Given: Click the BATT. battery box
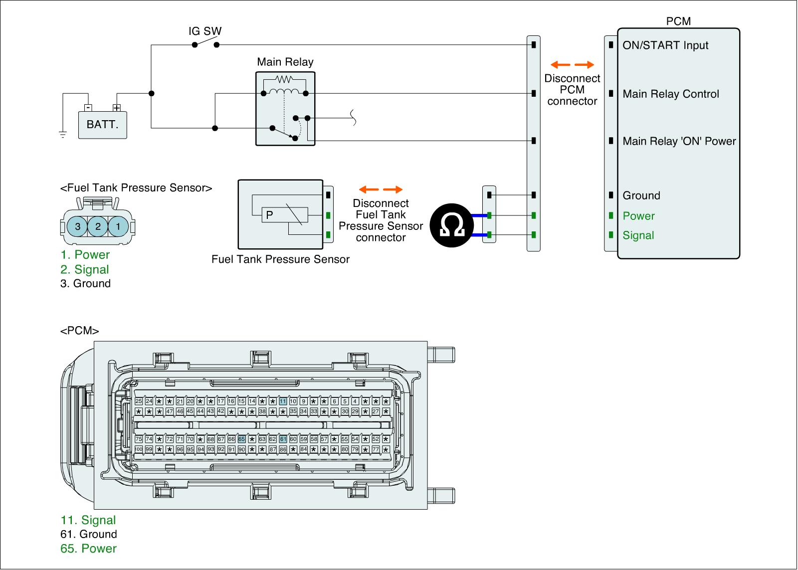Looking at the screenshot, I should (102, 124).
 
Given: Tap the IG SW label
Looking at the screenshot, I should (204, 31).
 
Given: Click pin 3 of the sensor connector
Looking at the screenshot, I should (78, 226).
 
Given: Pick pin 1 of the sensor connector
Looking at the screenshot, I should (118, 226).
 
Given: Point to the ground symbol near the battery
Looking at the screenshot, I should (63, 134).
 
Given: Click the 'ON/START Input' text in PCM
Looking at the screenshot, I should (665, 45).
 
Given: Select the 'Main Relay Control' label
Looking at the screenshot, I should (671, 94).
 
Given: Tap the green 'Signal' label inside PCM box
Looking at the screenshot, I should (638, 235).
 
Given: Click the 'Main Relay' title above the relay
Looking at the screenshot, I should (285, 62).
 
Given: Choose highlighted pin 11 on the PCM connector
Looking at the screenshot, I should (283, 401).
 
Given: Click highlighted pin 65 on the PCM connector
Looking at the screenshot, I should (241, 439).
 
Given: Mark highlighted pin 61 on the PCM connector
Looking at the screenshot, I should (283, 439).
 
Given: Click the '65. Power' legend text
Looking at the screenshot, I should (88, 549).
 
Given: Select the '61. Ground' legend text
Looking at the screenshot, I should (88, 534).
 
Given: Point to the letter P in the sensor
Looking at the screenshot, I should (269, 215).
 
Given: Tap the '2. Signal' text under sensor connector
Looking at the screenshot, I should (84, 269).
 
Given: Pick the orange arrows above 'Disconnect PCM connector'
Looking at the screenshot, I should (572, 65).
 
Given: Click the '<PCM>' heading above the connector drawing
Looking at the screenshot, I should (79, 331).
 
